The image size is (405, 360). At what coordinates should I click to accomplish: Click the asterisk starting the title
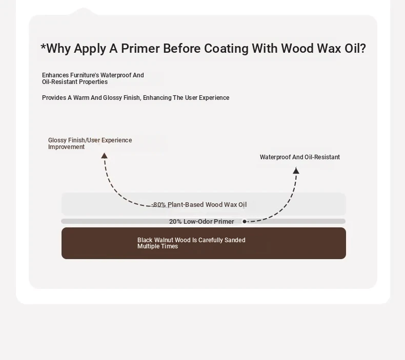click(43, 47)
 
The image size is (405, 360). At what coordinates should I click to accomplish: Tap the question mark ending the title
click(363, 48)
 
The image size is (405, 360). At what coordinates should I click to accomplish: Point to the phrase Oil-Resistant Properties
click(75, 82)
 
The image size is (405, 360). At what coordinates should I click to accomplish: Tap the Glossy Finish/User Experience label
click(90, 140)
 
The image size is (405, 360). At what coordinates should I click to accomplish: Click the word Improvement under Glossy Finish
click(66, 147)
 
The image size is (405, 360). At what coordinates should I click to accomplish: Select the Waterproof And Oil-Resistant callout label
click(300, 157)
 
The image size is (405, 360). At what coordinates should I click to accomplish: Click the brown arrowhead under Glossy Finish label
click(105, 156)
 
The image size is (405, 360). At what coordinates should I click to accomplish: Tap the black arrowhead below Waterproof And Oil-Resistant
click(296, 171)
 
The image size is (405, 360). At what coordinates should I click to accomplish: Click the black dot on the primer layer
click(245, 221)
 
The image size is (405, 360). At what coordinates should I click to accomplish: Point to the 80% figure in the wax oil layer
click(159, 205)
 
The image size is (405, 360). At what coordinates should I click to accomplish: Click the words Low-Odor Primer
click(209, 221)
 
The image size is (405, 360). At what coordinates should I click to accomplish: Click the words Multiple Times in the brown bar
click(157, 246)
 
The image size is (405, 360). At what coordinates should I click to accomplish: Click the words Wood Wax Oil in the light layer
click(226, 205)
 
